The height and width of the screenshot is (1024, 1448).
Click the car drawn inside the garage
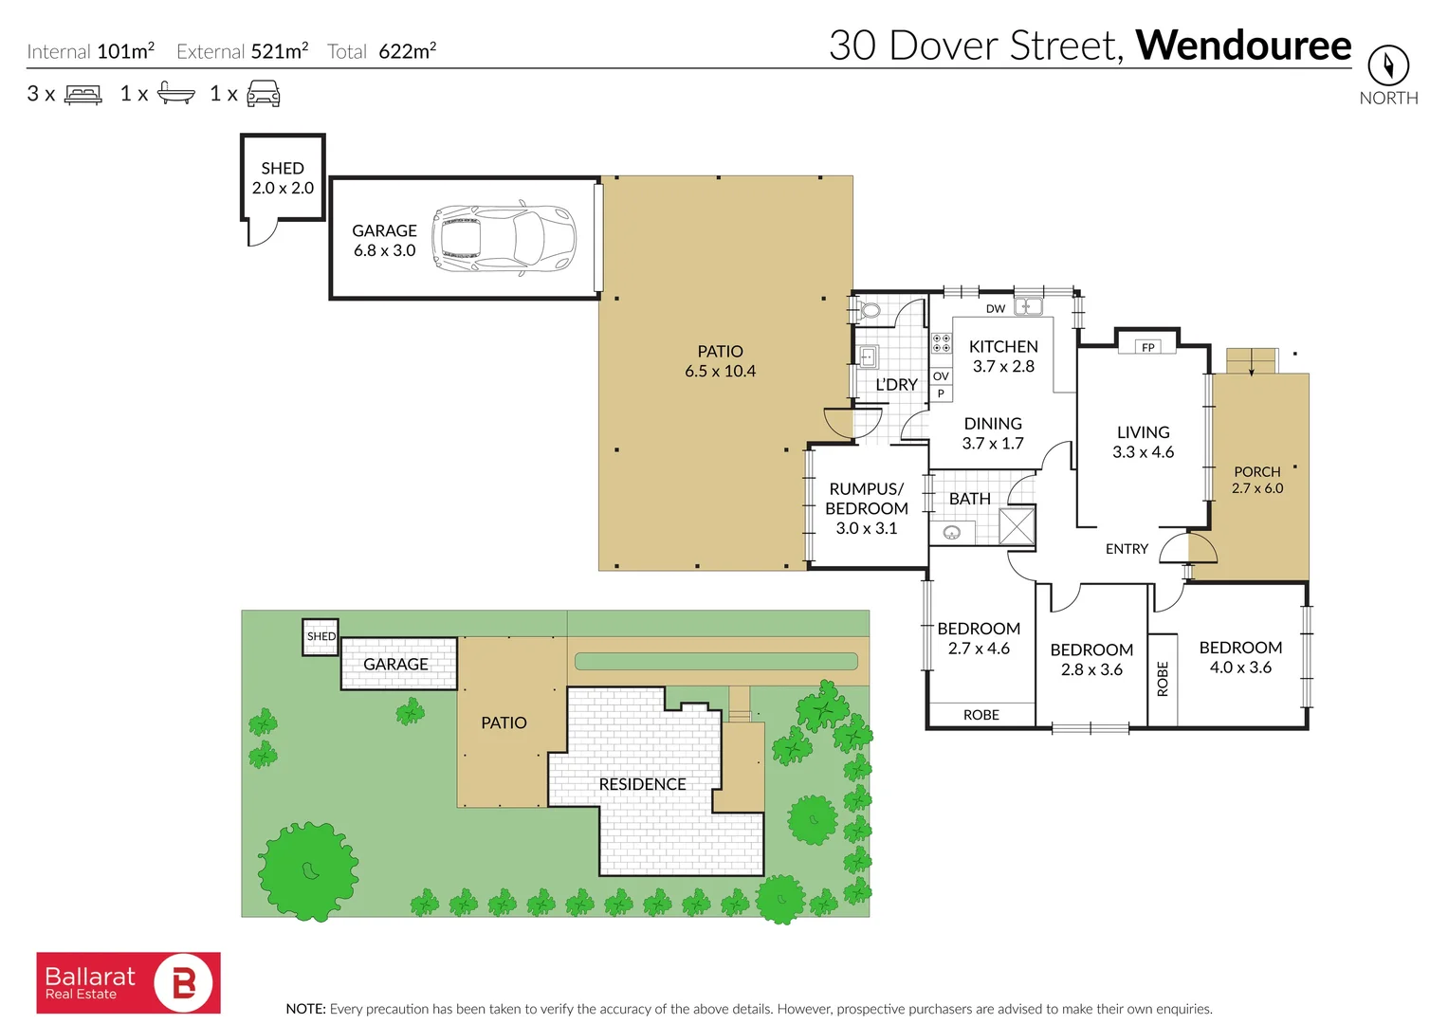click(x=504, y=238)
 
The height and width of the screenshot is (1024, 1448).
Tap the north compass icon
click(x=1388, y=66)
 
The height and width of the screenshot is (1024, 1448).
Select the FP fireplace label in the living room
click(x=1147, y=347)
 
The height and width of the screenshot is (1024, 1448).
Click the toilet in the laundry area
click(x=870, y=310)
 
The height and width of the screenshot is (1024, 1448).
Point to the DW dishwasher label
click(x=995, y=308)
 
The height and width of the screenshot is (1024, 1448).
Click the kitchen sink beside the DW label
click(x=1028, y=306)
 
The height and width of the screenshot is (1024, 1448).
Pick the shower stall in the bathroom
click(x=1017, y=526)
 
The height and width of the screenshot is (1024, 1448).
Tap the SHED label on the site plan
click(x=321, y=636)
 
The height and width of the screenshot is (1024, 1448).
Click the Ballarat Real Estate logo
click(x=129, y=983)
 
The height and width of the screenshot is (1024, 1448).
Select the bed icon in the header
click(x=83, y=94)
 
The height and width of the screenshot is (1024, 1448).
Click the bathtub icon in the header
click(x=175, y=93)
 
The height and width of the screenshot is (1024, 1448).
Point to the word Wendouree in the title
click(x=1243, y=45)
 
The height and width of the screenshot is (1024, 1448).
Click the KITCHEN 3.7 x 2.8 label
click(x=1003, y=357)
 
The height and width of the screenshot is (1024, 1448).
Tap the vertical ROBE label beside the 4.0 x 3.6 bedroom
click(x=1163, y=679)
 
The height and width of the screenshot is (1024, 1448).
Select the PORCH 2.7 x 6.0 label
click(x=1256, y=480)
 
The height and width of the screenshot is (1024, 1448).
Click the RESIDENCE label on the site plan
click(x=642, y=784)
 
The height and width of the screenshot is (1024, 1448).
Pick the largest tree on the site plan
click(x=307, y=869)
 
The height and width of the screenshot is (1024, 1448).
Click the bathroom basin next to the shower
click(x=952, y=532)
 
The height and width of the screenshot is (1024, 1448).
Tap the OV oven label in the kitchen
click(x=940, y=376)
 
